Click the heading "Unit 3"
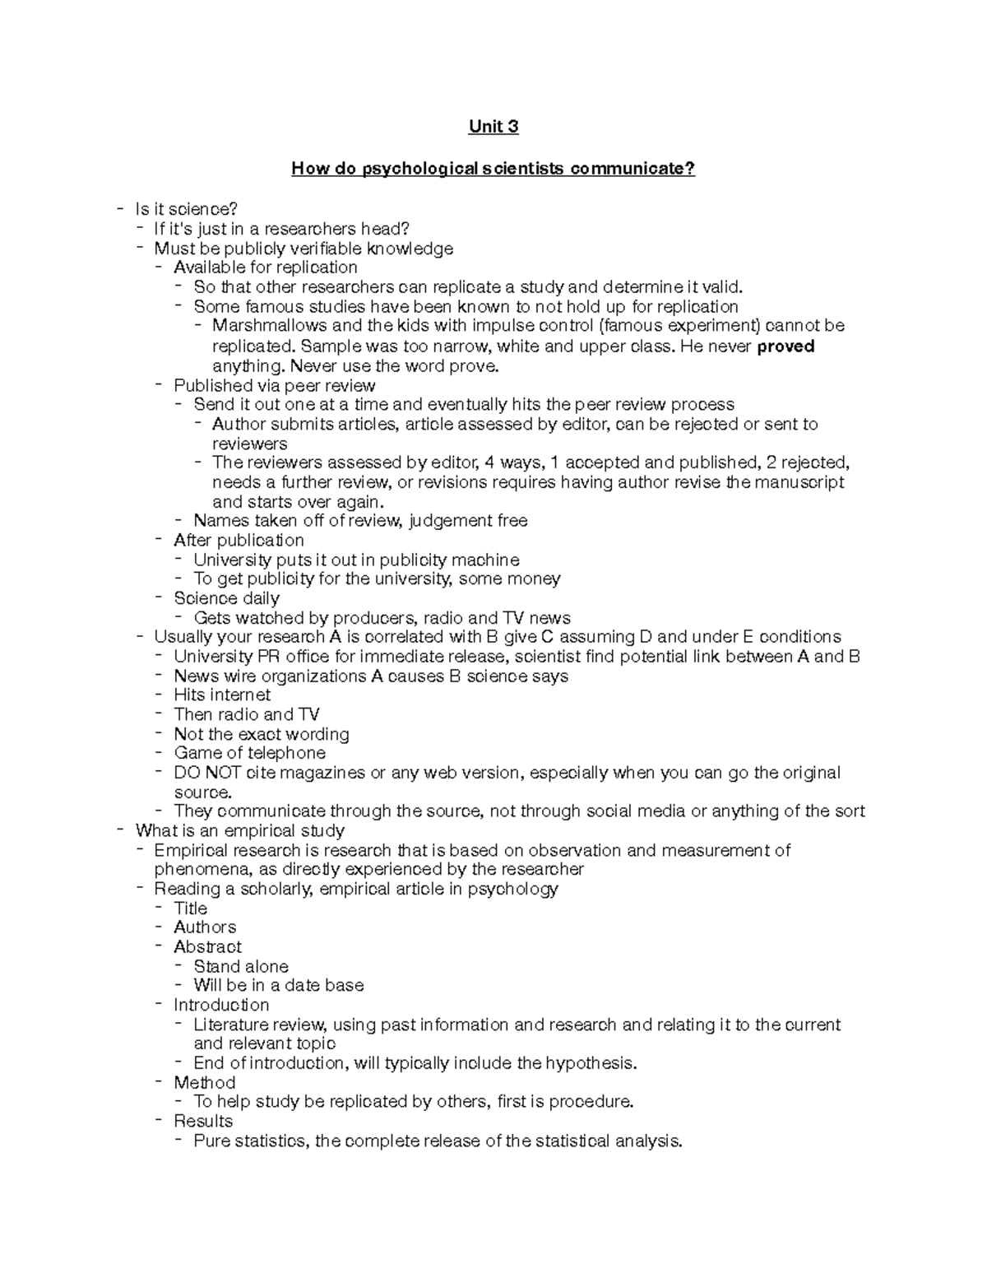[x=493, y=127]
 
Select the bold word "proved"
[x=785, y=346]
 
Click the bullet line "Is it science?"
[x=186, y=210]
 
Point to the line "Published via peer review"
[x=274, y=386]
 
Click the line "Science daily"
[x=226, y=598]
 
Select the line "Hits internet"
[x=222, y=695]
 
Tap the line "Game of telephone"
[x=249, y=753]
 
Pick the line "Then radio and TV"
[x=247, y=714]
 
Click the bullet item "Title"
[x=190, y=909]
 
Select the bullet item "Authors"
[x=205, y=927]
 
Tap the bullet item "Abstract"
[x=207, y=947]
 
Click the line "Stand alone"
[x=241, y=967]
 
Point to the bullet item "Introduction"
[x=221, y=1006]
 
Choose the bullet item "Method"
[x=204, y=1083]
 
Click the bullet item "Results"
[x=203, y=1122]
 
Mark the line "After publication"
[x=239, y=541]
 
